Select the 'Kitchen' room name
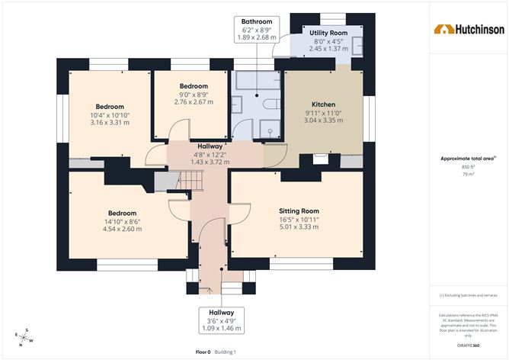point(324,104)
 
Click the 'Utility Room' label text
point(328,34)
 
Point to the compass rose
point(24,338)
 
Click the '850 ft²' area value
point(467,166)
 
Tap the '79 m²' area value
point(467,175)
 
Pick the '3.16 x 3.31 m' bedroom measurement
point(110,122)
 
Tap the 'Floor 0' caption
point(203,352)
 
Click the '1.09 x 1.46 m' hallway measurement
point(222,329)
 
